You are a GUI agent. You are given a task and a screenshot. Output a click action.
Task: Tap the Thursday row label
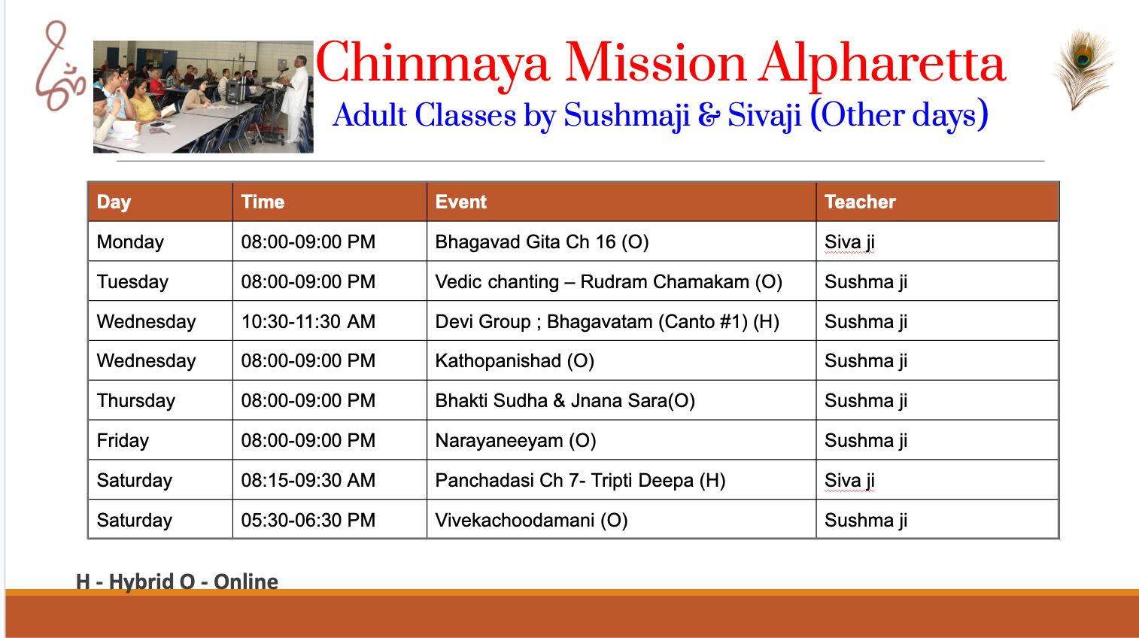click(x=135, y=401)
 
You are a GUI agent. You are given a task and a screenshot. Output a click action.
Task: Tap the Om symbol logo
click(x=59, y=66)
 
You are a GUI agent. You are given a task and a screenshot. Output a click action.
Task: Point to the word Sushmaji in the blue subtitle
click(x=627, y=116)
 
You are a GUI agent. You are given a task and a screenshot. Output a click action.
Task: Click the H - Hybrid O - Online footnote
click(x=177, y=582)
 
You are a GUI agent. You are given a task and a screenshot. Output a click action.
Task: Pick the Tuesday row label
click(x=132, y=281)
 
